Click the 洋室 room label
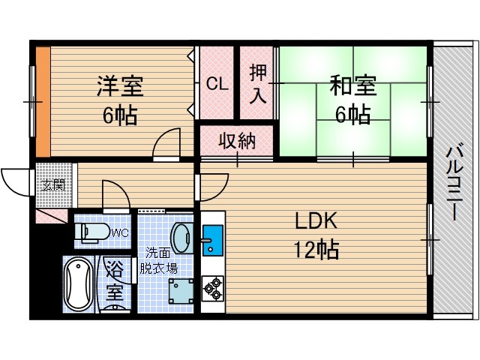coord(120,85)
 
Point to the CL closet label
coord(217,84)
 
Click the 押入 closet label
coord(258,83)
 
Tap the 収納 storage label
coord(236,140)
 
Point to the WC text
coord(120,232)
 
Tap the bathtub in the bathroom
coord(78,284)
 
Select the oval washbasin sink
coord(181,238)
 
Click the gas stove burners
coord(212,286)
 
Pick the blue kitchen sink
coord(212,241)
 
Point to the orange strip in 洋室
coord(43,100)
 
